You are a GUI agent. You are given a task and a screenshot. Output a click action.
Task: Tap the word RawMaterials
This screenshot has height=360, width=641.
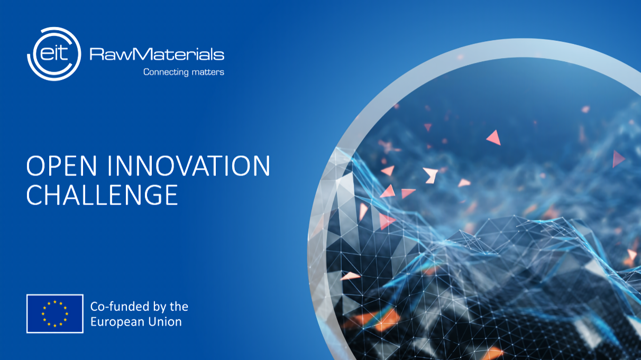tap(157, 54)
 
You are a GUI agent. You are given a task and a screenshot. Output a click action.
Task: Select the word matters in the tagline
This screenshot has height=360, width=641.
tap(208, 72)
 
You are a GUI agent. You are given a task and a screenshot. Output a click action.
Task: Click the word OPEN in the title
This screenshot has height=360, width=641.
tap(61, 165)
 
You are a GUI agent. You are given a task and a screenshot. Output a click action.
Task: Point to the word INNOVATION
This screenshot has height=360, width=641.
tap(189, 165)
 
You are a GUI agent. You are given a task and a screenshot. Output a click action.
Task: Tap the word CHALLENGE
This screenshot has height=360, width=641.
tap(102, 195)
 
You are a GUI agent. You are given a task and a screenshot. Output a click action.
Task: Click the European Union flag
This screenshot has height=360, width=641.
tap(55, 313)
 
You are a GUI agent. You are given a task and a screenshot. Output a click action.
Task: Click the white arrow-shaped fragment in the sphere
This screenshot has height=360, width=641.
tap(431, 175)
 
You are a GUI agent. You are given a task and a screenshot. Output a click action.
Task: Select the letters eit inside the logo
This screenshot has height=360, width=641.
tap(54, 53)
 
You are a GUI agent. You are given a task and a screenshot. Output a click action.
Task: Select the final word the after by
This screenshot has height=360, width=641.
tap(179, 307)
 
